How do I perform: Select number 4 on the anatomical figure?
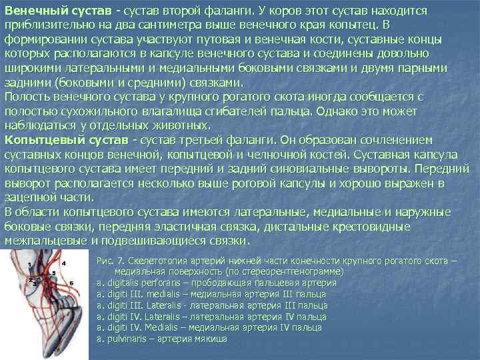64,263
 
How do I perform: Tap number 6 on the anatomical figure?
70,283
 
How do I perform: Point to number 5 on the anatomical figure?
53,273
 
